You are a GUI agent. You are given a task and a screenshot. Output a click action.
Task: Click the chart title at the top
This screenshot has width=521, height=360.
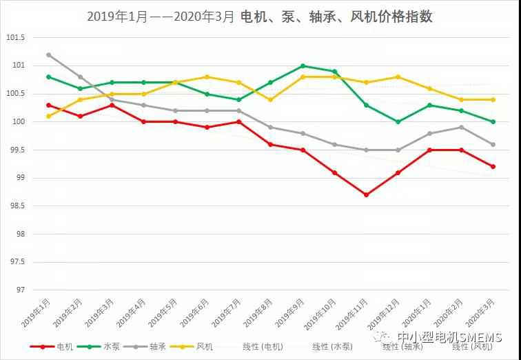pos(260,17)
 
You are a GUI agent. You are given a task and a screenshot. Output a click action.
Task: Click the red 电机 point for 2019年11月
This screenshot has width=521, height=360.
pos(366,195)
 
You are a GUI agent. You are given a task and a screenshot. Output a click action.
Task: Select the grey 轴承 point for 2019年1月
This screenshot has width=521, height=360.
pos(48,54)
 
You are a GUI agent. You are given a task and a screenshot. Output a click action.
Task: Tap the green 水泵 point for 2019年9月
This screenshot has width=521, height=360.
pos(303,66)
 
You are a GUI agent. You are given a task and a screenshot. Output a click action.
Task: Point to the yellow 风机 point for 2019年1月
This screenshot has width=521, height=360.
pos(48,116)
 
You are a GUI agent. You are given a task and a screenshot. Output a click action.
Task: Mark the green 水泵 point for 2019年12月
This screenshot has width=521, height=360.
pos(398,122)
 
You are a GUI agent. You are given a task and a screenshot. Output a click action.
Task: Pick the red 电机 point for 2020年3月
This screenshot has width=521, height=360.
pos(493,166)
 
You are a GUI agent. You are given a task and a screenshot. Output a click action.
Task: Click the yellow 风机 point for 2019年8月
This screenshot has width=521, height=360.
pos(271,99)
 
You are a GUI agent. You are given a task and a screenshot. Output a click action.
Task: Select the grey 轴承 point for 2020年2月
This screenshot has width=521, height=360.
pos(462,128)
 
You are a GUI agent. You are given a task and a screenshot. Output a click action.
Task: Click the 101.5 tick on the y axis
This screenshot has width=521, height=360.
pos(14,38)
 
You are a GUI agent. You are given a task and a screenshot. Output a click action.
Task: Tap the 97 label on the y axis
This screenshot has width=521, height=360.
pos(19,290)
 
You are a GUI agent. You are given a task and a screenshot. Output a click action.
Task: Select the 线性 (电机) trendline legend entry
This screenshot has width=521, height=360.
pos(262,347)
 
